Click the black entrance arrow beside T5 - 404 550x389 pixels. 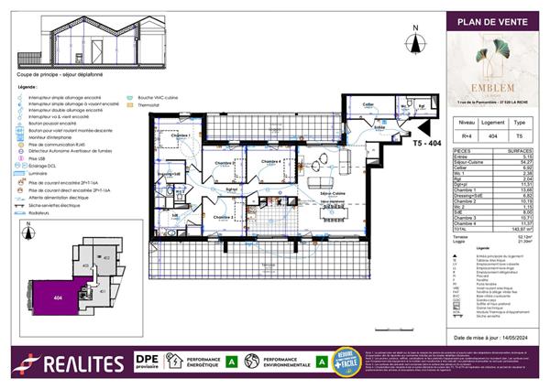(423, 131)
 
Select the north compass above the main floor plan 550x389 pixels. (415, 41)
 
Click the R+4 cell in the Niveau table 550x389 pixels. (466, 134)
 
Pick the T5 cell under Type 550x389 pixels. (521, 134)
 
